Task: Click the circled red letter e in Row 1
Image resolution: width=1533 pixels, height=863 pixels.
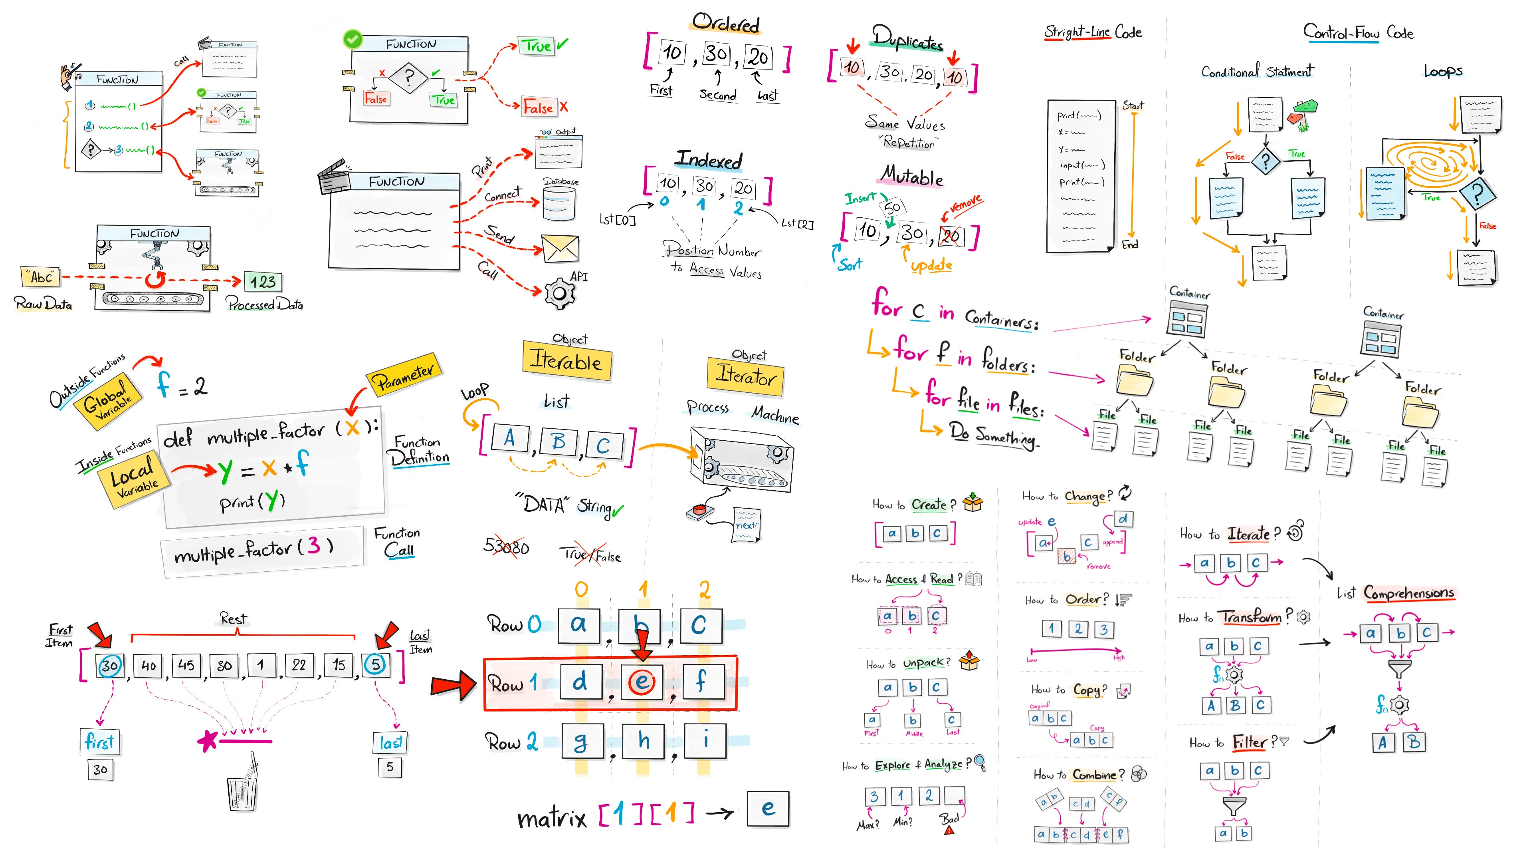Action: (642, 682)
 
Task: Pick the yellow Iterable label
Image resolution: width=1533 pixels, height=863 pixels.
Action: (566, 361)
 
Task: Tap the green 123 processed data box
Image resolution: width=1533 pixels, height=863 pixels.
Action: (262, 282)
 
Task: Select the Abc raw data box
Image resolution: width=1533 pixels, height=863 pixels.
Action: (40, 277)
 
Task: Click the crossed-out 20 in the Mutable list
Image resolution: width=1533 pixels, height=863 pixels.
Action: (951, 236)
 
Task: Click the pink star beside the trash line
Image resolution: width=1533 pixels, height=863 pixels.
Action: (207, 741)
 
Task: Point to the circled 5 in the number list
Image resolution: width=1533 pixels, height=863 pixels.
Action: (375, 664)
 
